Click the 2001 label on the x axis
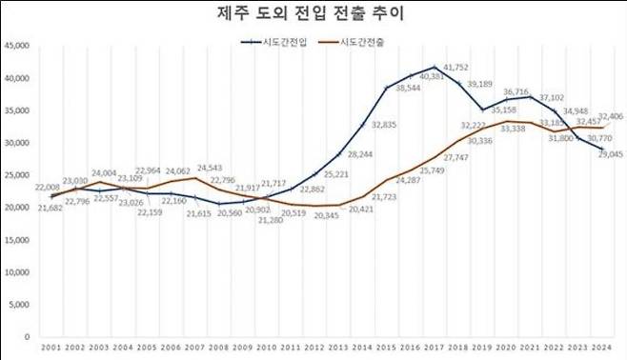point(52,349)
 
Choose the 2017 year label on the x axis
point(435,349)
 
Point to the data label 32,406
point(610,115)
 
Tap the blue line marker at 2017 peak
point(435,68)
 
